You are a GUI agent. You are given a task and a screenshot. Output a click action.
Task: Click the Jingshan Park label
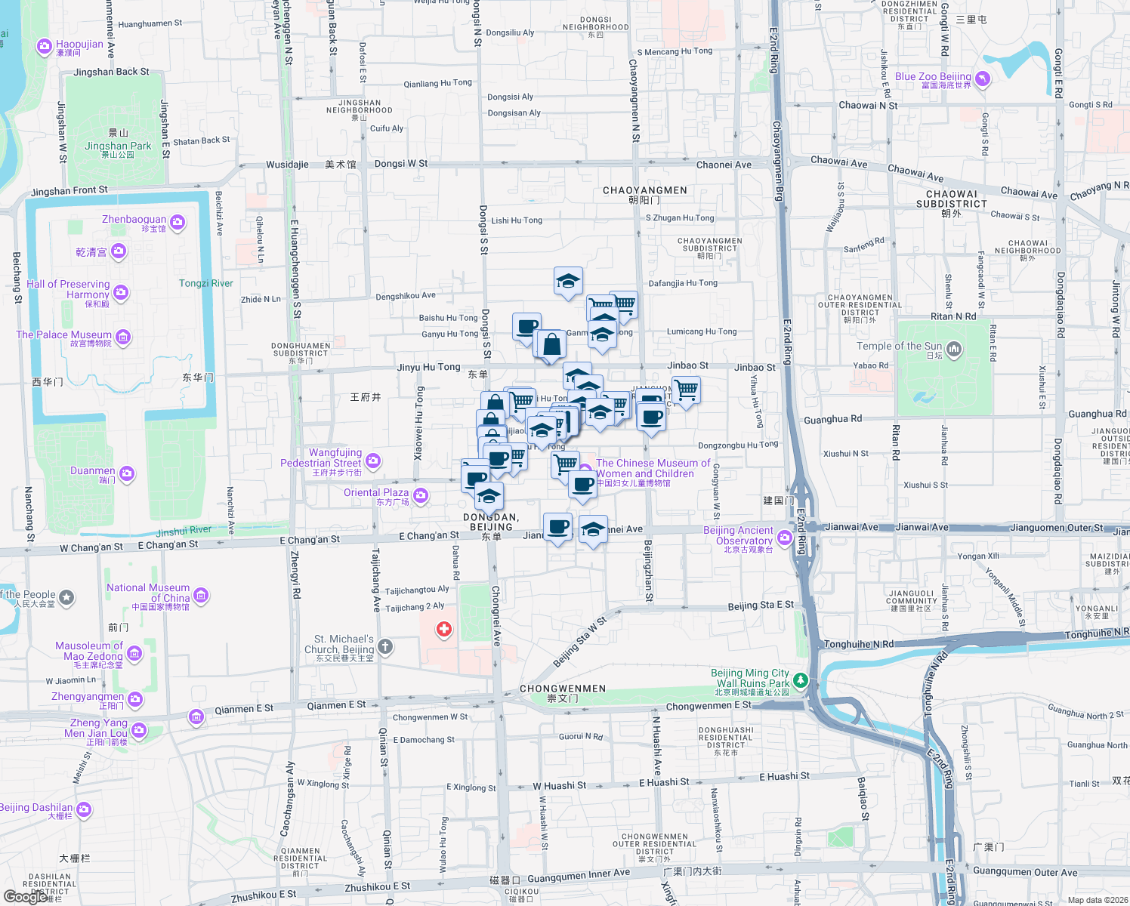tap(118, 146)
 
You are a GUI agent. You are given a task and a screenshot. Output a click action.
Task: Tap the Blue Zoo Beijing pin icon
tap(982, 79)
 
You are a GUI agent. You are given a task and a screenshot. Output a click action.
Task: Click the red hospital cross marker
tap(444, 629)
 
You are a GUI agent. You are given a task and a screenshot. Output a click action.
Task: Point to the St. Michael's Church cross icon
tap(385, 646)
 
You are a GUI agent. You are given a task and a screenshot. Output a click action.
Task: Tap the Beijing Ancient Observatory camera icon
tap(784, 538)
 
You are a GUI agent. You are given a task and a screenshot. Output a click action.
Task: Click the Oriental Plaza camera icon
tap(421, 495)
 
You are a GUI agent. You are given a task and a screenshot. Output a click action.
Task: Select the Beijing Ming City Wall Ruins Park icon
tap(800, 680)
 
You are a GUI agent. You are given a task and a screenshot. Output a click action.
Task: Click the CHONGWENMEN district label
tap(563, 689)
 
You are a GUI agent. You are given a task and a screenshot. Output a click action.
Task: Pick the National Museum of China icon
tap(201, 596)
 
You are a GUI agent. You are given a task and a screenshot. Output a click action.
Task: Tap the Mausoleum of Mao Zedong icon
tap(134, 654)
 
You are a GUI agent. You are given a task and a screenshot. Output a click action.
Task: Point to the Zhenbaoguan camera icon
tap(178, 222)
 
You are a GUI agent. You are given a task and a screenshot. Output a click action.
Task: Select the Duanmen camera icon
tap(127, 473)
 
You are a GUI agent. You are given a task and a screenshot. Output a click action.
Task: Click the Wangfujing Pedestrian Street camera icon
tap(373, 460)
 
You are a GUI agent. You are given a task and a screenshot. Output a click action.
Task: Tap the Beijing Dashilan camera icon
tap(84, 810)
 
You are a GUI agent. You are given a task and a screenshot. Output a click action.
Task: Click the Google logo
tap(24, 897)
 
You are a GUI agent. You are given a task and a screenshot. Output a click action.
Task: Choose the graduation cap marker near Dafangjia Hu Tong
tap(568, 282)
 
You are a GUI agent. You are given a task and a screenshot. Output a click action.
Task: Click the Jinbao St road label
tap(688, 365)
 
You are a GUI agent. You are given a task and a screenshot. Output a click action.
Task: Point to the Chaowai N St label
tap(869, 106)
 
